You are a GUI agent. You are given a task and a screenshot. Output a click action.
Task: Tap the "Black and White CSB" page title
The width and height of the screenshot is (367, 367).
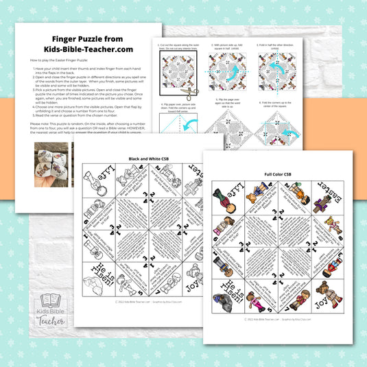click(x=147, y=158)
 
